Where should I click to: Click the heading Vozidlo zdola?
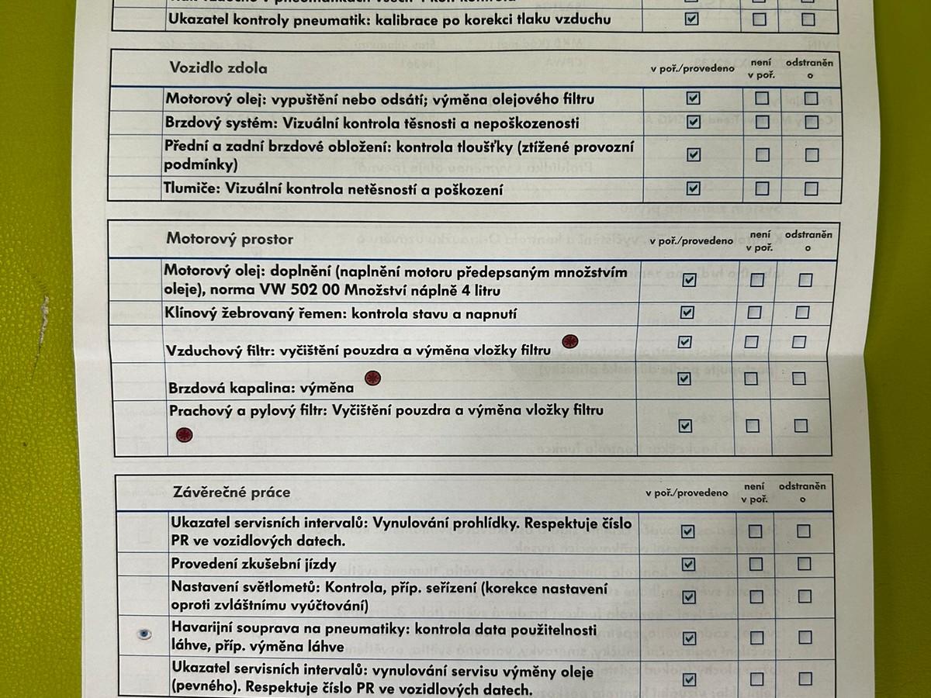[x=218, y=67]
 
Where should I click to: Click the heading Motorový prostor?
[x=229, y=239]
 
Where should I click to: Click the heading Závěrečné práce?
[x=231, y=492]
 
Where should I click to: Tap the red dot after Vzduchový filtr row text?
[x=570, y=340]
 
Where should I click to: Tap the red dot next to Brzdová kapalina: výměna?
[x=373, y=378]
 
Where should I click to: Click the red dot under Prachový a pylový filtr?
[x=184, y=434]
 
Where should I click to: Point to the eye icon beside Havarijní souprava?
[x=144, y=634]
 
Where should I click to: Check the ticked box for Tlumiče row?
[x=693, y=188]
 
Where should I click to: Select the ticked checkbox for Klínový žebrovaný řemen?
[x=687, y=313]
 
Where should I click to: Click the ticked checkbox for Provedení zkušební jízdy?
[x=688, y=564]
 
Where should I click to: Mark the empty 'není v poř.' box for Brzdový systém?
[x=763, y=122]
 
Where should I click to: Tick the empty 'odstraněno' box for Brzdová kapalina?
[x=799, y=378]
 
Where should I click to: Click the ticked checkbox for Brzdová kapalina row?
[x=684, y=378]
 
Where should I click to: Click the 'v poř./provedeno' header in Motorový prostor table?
[x=690, y=241]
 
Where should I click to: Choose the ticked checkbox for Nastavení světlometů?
[x=688, y=596]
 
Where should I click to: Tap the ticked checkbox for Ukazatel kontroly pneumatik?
[x=691, y=19]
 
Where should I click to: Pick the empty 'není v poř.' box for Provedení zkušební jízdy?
[x=756, y=564]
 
